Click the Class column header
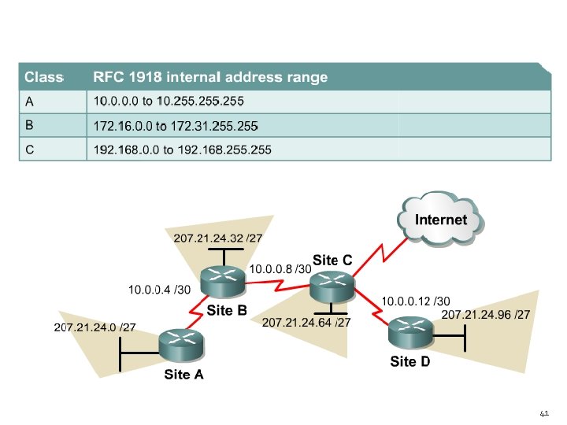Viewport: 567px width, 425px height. (43, 77)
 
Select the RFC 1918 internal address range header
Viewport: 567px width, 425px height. (210, 77)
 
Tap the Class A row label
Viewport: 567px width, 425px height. (29, 102)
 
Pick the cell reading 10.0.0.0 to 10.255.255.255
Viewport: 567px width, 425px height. (169, 102)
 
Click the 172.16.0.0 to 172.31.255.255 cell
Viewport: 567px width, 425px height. (176, 125)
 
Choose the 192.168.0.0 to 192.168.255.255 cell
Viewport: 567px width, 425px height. (182, 150)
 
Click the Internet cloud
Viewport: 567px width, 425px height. (441, 220)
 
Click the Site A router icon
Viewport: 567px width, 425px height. (181, 345)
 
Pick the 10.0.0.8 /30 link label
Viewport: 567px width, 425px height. (280, 269)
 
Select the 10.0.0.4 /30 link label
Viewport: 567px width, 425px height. (160, 290)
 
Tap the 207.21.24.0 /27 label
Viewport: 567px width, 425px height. (94, 327)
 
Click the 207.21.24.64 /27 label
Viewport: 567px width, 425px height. (306, 323)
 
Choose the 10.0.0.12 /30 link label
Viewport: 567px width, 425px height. (416, 301)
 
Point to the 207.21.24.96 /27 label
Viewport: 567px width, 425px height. (485, 315)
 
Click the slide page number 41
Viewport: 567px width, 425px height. (543, 412)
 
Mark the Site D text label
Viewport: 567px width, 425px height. (410, 362)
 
